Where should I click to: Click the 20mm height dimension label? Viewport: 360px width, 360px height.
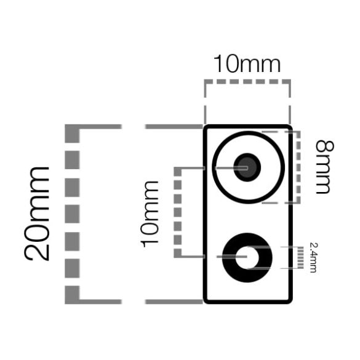pyautogui.click(x=36, y=214)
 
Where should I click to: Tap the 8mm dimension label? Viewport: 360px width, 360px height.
pyautogui.click(x=324, y=167)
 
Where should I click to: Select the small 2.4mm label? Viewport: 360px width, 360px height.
pyautogui.click(x=313, y=257)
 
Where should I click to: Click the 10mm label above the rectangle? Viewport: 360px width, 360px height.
pyautogui.click(x=247, y=63)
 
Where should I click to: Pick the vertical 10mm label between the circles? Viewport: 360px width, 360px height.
pyautogui.click(x=150, y=214)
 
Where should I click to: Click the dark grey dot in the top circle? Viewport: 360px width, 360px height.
pyautogui.click(x=247, y=167)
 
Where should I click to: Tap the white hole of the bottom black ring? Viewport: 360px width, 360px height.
pyautogui.click(x=247, y=257)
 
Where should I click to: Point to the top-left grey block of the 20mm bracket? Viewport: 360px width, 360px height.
pyautogui.click(x=72, y=134)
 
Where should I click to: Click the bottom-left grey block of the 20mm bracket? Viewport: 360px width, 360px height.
pyautogui.click(x=72, y=295)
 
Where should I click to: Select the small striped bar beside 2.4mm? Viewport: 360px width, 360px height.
pyautogui.click(x=300, y=258)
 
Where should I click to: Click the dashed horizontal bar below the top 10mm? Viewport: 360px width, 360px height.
pyautogui.click(x=247, y=82)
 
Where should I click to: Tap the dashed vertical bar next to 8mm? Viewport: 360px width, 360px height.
pyautogui.click(x=298, y=167)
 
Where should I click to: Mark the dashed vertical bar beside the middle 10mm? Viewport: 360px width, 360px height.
pyautogui.click(x=178, y=212)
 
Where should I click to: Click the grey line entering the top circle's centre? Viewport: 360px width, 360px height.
pyautogui.click(x=231, y=168)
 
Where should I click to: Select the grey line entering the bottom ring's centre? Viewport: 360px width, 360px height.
pyautogui.click(x=231, y=257)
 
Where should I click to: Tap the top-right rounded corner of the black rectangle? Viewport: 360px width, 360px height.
pyautogui.click(x=289, y=127)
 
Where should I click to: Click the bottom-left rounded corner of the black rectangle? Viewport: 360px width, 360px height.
pyautogui.click(x=206, y=300)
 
